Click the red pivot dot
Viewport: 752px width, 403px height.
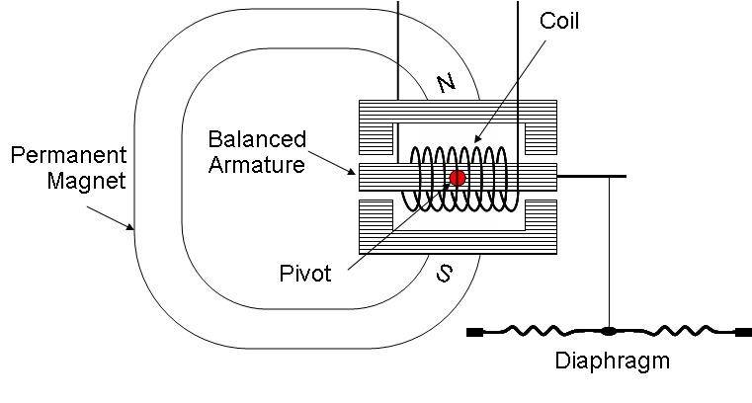coord(458,178)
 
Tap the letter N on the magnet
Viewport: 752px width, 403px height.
coord(447,83)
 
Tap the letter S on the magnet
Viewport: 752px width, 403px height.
coord(444,274)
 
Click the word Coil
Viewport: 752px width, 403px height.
coord(558,21)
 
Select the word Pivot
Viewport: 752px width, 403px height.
coord(305,274)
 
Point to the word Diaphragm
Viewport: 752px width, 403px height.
coord(612,362)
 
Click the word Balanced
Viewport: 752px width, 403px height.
coord(257,139)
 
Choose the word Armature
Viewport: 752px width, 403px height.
coord(257,165)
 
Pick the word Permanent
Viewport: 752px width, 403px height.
coord(68,155)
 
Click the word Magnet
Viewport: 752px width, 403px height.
coord(86,181)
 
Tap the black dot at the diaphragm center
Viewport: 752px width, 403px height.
coord(609,331)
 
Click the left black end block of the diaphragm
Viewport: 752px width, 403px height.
coord(474,332)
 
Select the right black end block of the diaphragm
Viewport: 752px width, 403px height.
coord(744,332)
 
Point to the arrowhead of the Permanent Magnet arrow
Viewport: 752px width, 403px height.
coord(130,227)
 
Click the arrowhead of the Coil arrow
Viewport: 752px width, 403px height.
coord(477,138)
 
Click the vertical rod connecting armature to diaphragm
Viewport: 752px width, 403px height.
coord(610,252)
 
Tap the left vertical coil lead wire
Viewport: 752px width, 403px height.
coord(397,50)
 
